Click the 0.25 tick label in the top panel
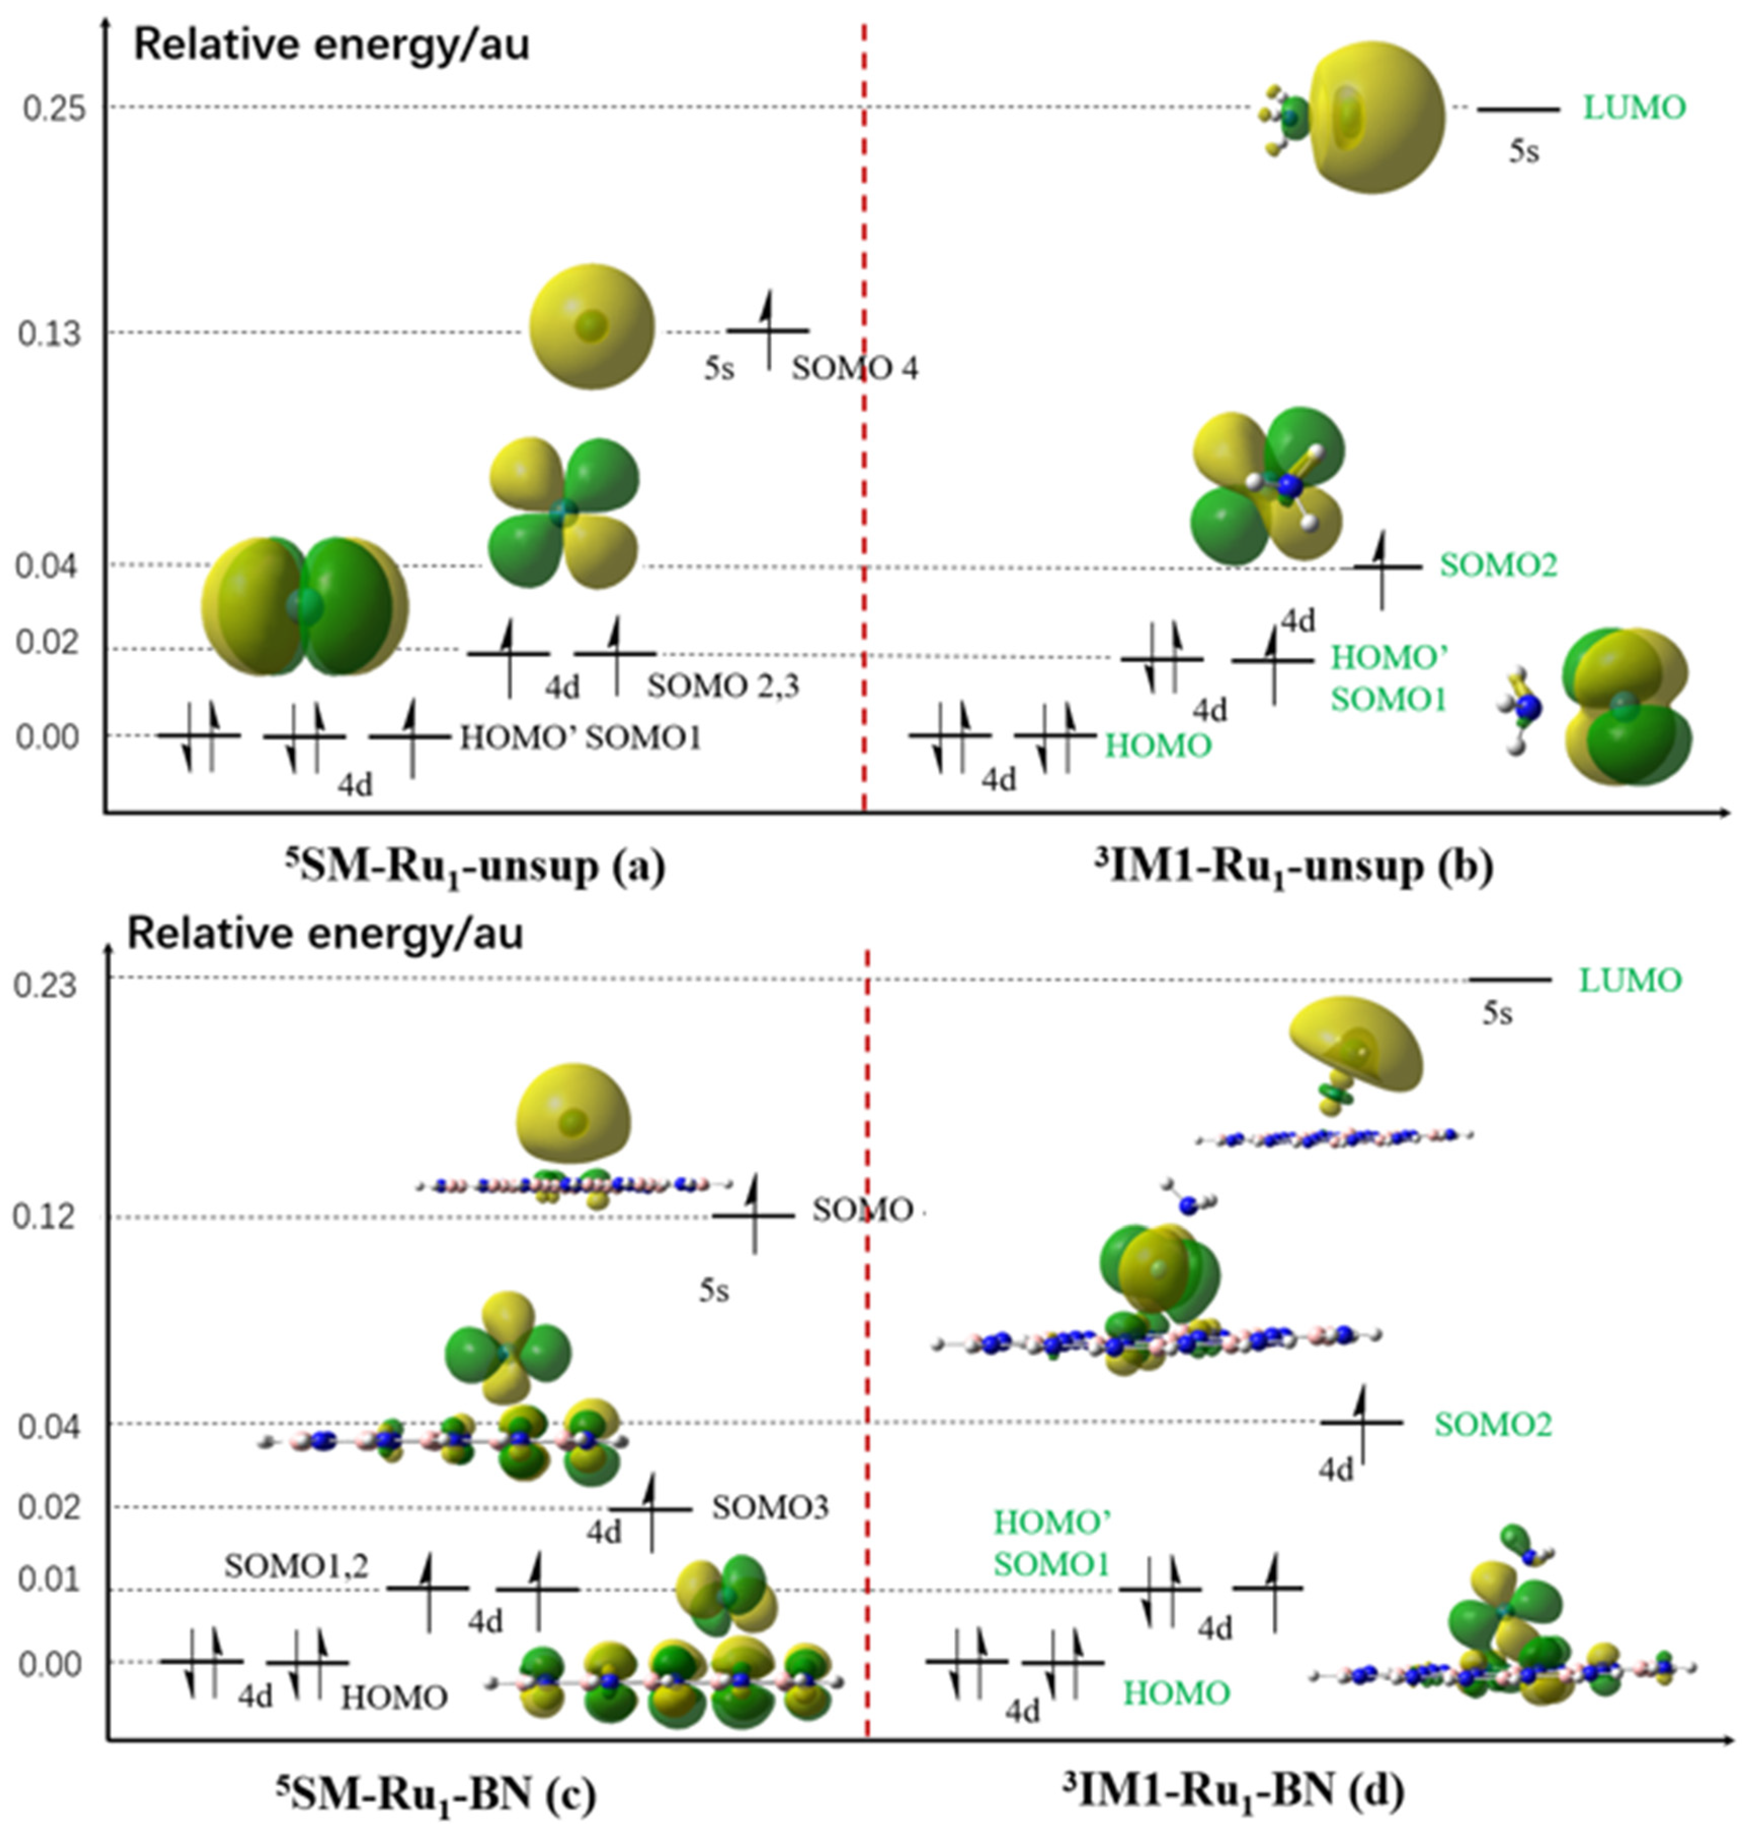click(54, 108)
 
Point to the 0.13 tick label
click(51, 334)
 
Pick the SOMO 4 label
click(854, 369)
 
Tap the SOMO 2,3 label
click(724, 686)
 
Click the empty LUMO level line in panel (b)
click(1518, 109)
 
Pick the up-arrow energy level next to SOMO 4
click(767, 330)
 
